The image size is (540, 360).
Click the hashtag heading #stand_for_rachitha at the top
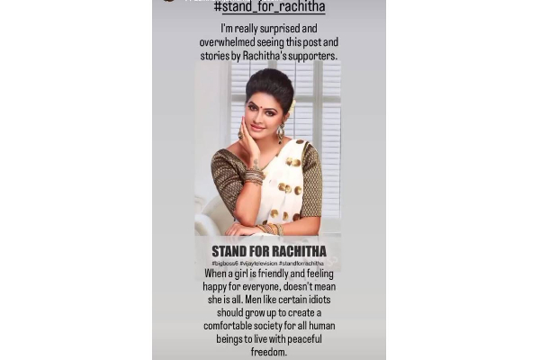[269, 7]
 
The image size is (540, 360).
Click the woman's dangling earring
[280, 133]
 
